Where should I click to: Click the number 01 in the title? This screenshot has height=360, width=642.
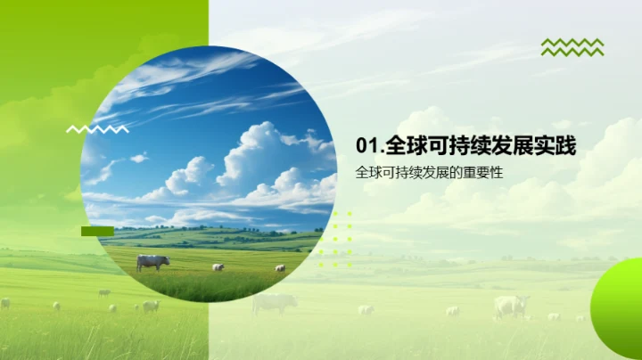click(x=366, y=146)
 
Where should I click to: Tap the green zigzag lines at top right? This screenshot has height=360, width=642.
click(x=572, y=47)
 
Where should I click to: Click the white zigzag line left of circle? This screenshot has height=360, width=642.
click(x=97, y=129)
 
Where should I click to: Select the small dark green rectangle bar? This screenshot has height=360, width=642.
click(x=97, y=231)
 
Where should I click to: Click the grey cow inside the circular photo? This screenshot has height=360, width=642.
click(x=152, y=262)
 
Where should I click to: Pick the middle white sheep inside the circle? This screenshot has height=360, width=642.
click(x=218, y=266)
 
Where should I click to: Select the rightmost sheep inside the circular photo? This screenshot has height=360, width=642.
click(x=280, y=267)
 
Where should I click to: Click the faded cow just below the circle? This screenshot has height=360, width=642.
click(x=274, y=303)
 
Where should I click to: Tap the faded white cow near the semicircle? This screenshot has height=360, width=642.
click(x=511, y=306)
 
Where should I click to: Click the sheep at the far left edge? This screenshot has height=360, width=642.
click(x=5, y=303)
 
